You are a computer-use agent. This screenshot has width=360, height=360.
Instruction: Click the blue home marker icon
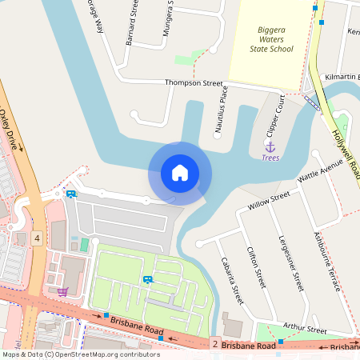tap(179, 172)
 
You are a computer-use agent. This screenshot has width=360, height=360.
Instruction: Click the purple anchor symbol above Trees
tap(270, 146)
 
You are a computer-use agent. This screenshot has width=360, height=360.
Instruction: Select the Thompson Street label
tap(194, 82)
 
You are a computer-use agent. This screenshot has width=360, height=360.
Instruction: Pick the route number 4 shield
tap(38, 238)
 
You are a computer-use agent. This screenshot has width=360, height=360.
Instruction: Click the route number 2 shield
tap(214, 344)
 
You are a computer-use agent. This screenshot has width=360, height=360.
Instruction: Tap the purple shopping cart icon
tap(62, 291)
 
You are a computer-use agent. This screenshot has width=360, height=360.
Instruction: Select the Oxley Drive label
tap(12, 130)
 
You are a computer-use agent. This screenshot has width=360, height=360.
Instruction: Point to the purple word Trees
tap(270, 158)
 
